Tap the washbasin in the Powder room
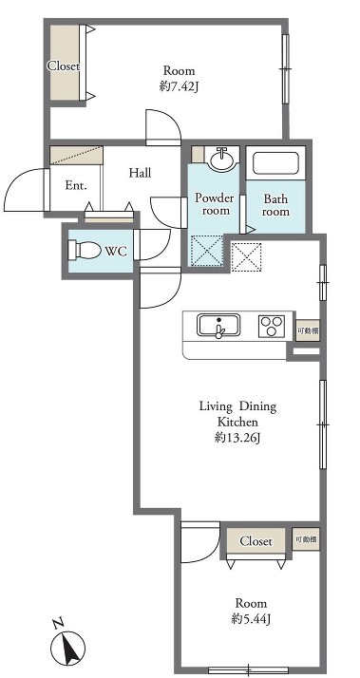click(x=222, y=159)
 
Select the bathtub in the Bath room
click(x=275, y=163)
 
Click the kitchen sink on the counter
click(x=218, y=325)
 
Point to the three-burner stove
click(x=272, y=326)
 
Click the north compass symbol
click(x=67, y=645)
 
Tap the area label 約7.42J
click(x=179, y=87)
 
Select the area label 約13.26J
click(x=237, y=438)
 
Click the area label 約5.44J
click(x=251, y=620)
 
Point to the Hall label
click(x=140, y=173)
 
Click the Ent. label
click(x=76, y=186)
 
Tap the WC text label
click(x=116, y=251)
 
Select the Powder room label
click(x=214, y=204)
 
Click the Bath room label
click(x=275, y=205)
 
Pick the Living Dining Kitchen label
click(x=237, y=414)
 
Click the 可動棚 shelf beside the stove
click(x=308, y=330)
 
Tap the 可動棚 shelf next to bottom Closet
click(x=306, y=539)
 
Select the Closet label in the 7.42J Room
click(x=64, y=66)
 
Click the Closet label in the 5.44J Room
click(x=256, y=541)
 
